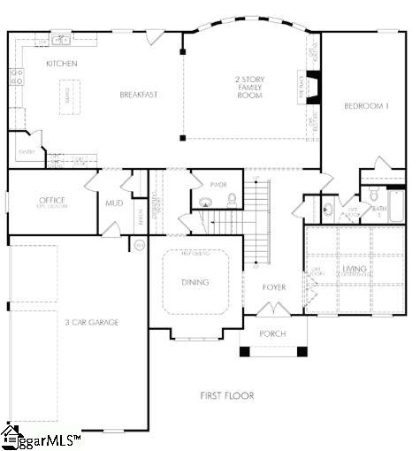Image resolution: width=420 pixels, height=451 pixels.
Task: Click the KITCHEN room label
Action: (62, 64)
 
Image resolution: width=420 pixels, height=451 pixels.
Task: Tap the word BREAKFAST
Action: (138, 95)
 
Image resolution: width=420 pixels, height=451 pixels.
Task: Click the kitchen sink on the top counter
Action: (61, 39)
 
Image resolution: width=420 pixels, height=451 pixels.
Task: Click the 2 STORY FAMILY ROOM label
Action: (250, 88)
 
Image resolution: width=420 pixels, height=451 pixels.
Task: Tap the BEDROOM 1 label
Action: (365, 106)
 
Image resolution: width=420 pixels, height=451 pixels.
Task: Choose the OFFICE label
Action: (53, 201)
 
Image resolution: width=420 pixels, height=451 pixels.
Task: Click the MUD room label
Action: (114, 203)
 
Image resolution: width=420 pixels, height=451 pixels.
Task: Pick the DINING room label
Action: (195, 282)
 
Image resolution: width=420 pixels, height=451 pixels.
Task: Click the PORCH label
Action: (272, 333)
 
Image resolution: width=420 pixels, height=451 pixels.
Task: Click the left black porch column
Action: (245, 351)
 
